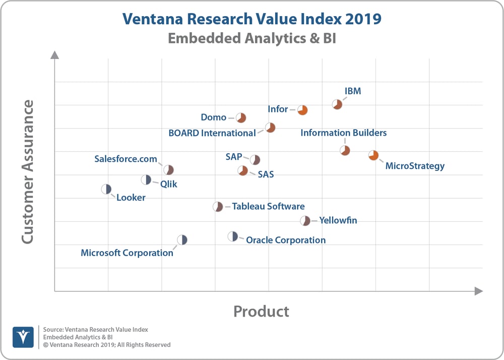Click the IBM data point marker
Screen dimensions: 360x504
click(x=337, y=104)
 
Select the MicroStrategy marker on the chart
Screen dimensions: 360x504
click(x=373, y=155)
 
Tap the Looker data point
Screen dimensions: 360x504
click(x=106, y=189)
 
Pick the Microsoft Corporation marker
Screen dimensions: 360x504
click(x=182, y=240)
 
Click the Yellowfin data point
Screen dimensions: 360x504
click(x=305, y=221)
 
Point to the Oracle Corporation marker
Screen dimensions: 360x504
click(x=232, y=236)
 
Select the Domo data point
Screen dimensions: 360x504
click(x=241, y=118)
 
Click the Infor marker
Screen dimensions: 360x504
click(x=302, y=110)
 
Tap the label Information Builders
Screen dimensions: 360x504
click(x=344, y=133)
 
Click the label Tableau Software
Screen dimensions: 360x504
click(x=268, y=206)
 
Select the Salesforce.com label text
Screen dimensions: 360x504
click(x=126, y=159)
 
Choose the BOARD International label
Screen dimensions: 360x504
click(x=212, y=133)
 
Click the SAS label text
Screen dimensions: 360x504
click(x=266, y=174)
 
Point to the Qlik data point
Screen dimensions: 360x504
click(x=146, y=179)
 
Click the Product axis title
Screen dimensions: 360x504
click(x=261, y=311)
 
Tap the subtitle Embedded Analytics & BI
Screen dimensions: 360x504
click(x=251, y=38)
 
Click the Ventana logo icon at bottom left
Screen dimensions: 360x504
click(x=23, y=337)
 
